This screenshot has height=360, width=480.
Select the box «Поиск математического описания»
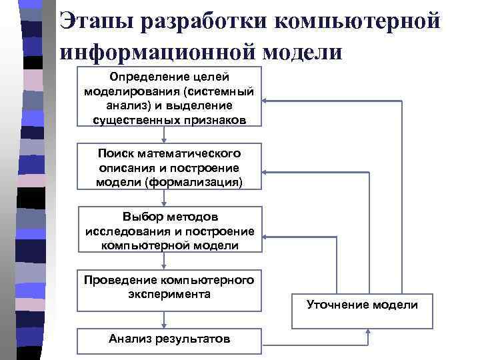coord(169,165)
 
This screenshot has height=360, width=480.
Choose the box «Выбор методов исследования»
coord(169,230)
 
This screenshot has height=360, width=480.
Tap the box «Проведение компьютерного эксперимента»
coord(169,289)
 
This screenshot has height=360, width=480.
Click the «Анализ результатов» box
coord(169,339)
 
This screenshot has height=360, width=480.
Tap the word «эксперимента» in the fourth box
coord(169,293)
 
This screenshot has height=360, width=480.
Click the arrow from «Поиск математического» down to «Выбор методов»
coord(169,198)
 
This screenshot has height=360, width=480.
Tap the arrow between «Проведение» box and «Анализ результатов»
coord(169,320)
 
